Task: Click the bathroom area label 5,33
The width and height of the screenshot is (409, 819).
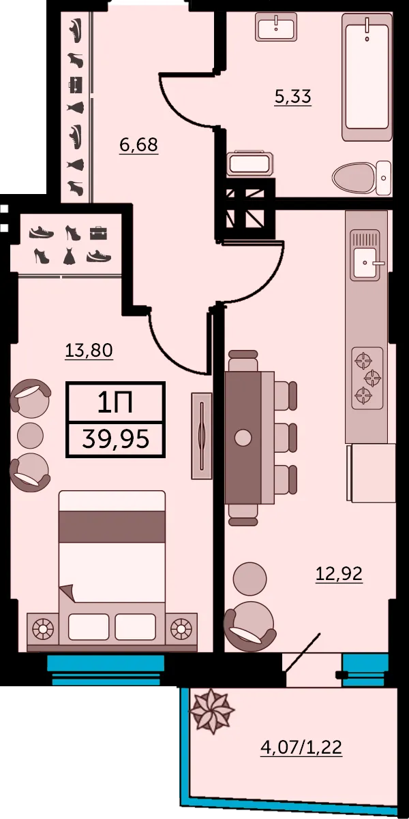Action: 293,97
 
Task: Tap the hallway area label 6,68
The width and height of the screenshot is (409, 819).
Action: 139,145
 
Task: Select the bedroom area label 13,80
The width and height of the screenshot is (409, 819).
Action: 89,350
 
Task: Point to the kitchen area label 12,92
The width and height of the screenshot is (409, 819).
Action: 339,573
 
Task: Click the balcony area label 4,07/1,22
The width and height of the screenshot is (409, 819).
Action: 301,747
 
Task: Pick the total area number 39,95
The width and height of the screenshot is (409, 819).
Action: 116,439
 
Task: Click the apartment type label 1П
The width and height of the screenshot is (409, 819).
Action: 115,402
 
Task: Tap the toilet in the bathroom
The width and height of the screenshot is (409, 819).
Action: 362,178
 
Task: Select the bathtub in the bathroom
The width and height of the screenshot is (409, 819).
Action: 367,77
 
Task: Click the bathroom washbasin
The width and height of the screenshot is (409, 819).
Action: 275,27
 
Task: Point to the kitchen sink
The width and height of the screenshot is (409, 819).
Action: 366,255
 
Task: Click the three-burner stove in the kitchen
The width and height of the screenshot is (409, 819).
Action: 367,378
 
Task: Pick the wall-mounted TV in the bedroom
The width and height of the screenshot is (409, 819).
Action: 201,436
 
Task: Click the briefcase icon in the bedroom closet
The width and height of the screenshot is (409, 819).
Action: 98,233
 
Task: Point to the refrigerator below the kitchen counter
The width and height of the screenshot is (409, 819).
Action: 371,473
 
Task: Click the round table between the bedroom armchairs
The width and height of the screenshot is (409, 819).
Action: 31,436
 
